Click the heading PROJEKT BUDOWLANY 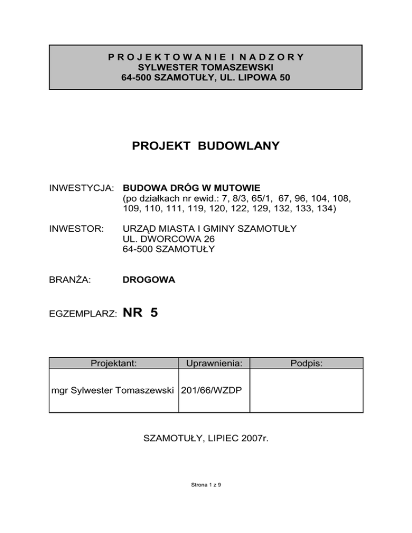(205, 145)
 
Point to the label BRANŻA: (70, 279)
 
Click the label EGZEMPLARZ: (83, 315)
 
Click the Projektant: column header (114, 364)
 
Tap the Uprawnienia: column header (215, 364)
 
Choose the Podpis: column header (307, 364)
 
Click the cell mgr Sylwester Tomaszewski (114, 390)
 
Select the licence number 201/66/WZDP (214, 390)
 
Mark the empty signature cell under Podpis (307, 390)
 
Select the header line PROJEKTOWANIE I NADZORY (206, 57)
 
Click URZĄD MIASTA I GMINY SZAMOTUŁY (209, 229)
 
